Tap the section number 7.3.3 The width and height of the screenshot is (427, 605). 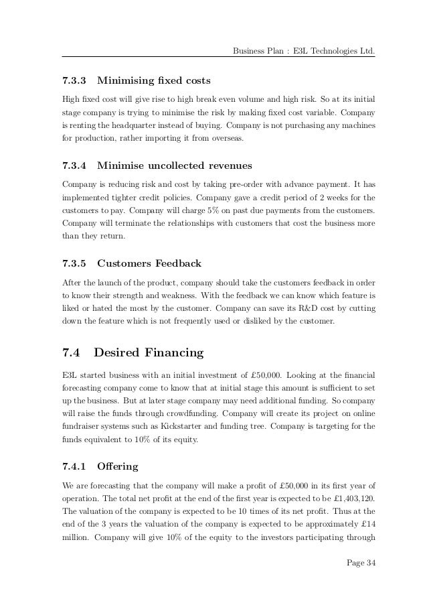74,82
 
